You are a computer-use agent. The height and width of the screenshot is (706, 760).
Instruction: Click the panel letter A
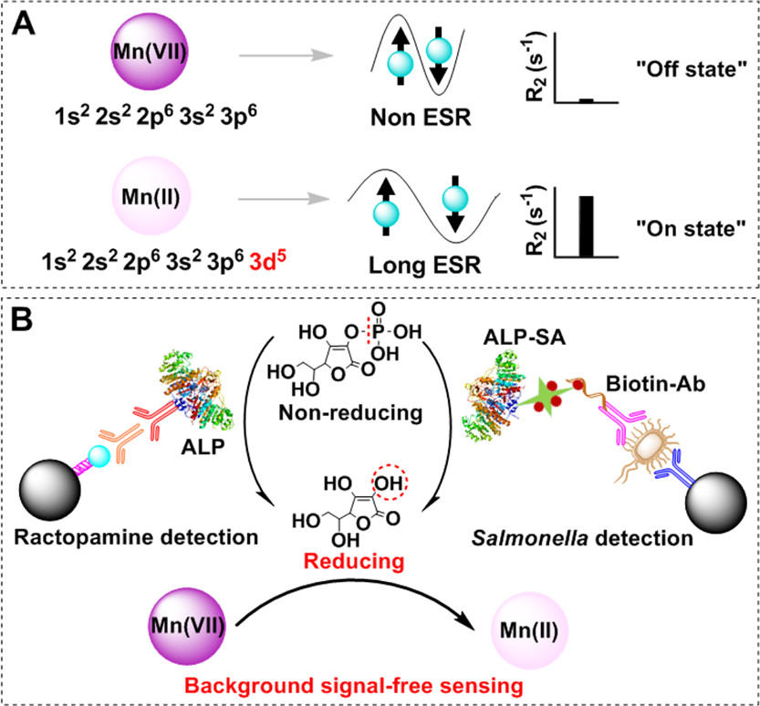(x=25, y=24)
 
